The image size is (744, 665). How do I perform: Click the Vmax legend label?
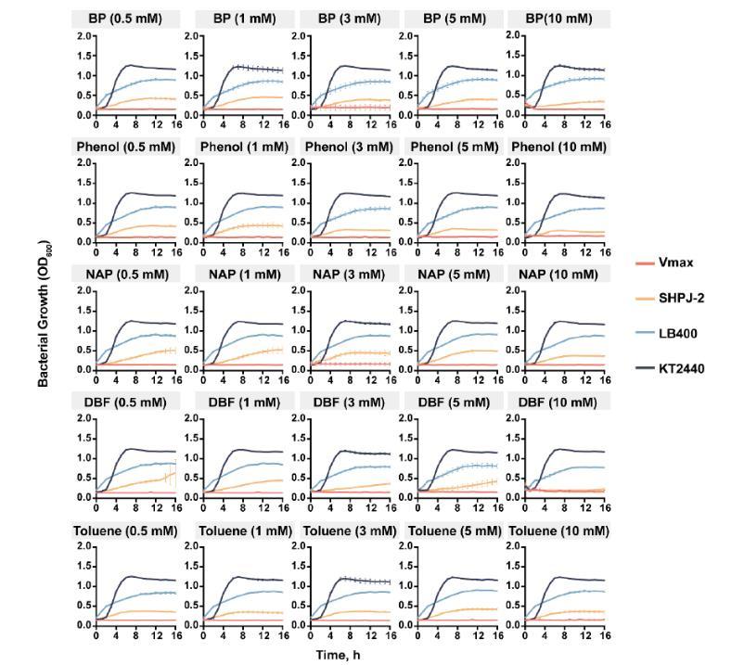pos(676,262)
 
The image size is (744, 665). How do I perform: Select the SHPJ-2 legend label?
pos(684,298)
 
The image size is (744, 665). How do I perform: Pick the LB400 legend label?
pos(680,333)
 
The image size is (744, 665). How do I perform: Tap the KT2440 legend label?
pos(684,368)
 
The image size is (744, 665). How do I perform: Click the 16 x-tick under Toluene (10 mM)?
pos(605,637)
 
